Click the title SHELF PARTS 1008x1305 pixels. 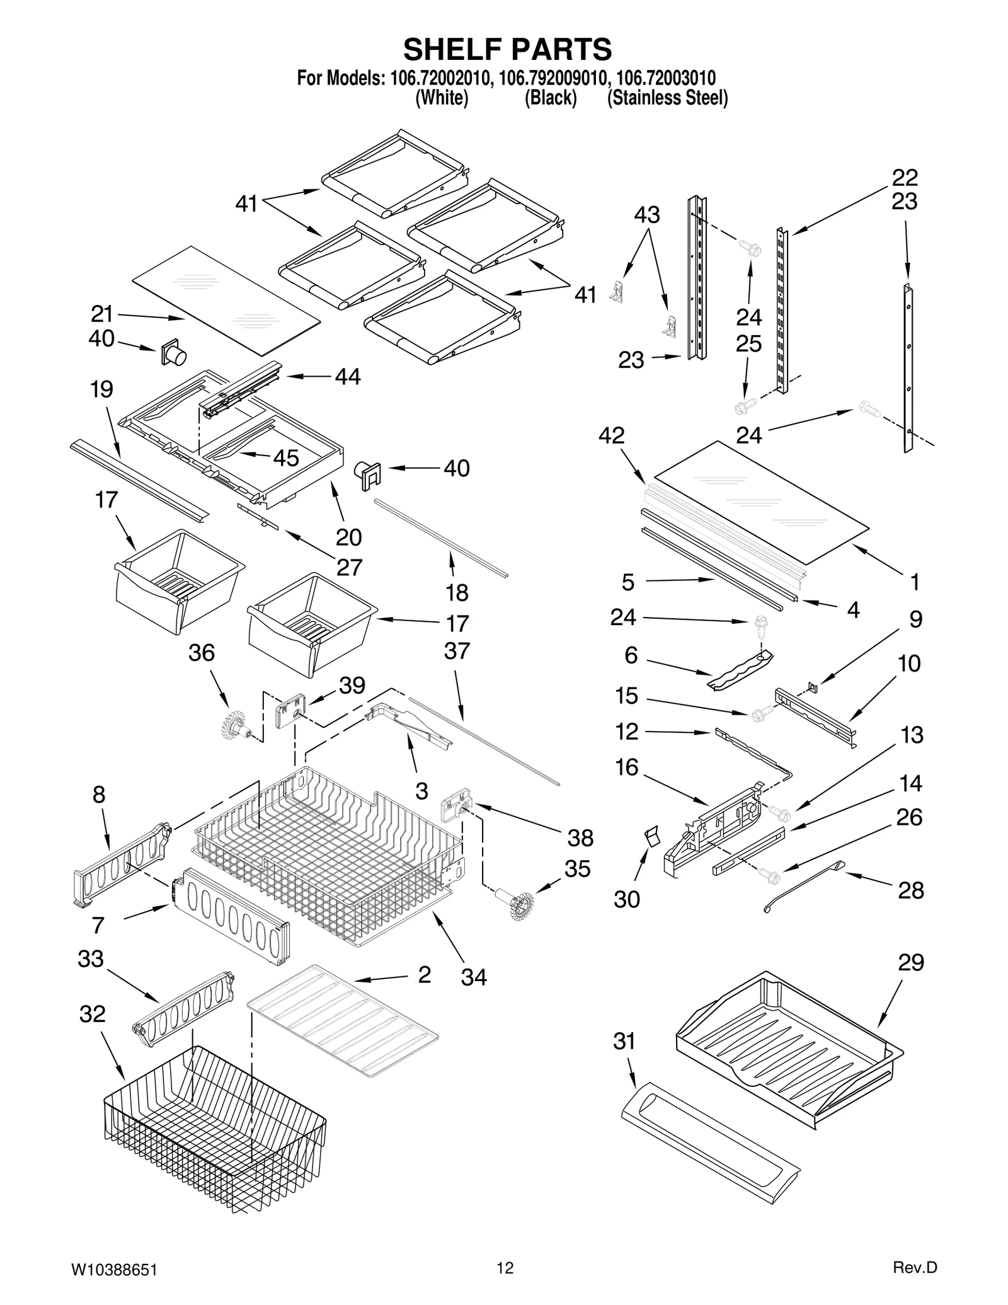click(507, 49)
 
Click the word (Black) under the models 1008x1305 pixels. click(551, 98)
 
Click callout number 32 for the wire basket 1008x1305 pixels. click(92, 1014)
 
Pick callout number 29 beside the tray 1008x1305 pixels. click(910, 962)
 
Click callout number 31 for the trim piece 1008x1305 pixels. click(624, 1041)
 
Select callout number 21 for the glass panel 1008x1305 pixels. click(101, 313)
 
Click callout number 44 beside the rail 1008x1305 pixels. click(348, 376)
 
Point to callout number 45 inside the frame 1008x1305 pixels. click(285, 457)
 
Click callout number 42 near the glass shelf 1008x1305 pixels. click(611, 435)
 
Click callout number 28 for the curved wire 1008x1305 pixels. click(910, 890)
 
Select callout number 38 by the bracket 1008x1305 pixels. click(580, 837)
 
